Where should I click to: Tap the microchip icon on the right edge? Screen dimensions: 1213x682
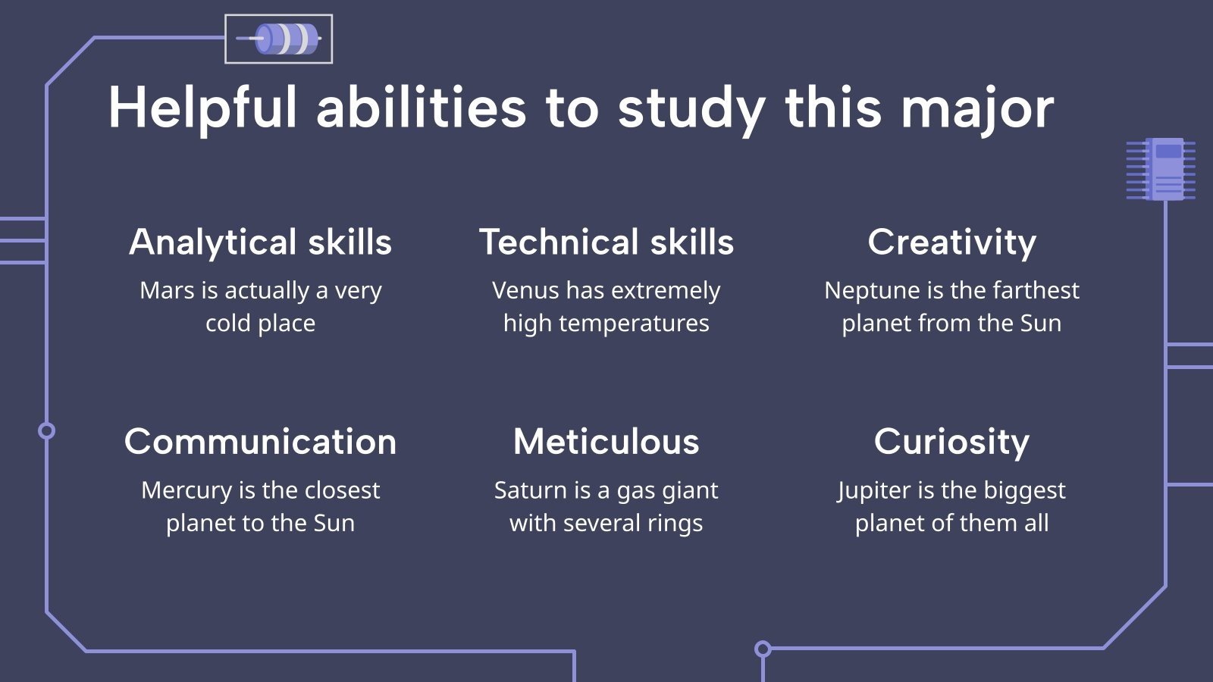tap(1161, 169)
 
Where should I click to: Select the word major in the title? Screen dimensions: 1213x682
tap(977, 110)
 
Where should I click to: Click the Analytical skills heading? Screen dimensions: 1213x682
tap(261, 242)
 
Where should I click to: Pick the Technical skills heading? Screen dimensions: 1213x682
tap(606, 242)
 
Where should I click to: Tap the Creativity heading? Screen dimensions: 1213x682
tap(952, 242)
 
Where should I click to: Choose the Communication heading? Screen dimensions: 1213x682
tap(261, 442)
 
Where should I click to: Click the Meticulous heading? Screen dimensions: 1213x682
tap(606, 442)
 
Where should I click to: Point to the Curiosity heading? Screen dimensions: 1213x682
tap(951, 442)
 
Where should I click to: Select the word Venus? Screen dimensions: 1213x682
tap(526, 291)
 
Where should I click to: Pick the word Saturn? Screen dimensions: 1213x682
tap(528, 490)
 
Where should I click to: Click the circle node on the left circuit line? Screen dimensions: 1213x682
tap(46, 431)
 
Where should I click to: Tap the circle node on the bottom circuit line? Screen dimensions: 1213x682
tap(763, 649)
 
